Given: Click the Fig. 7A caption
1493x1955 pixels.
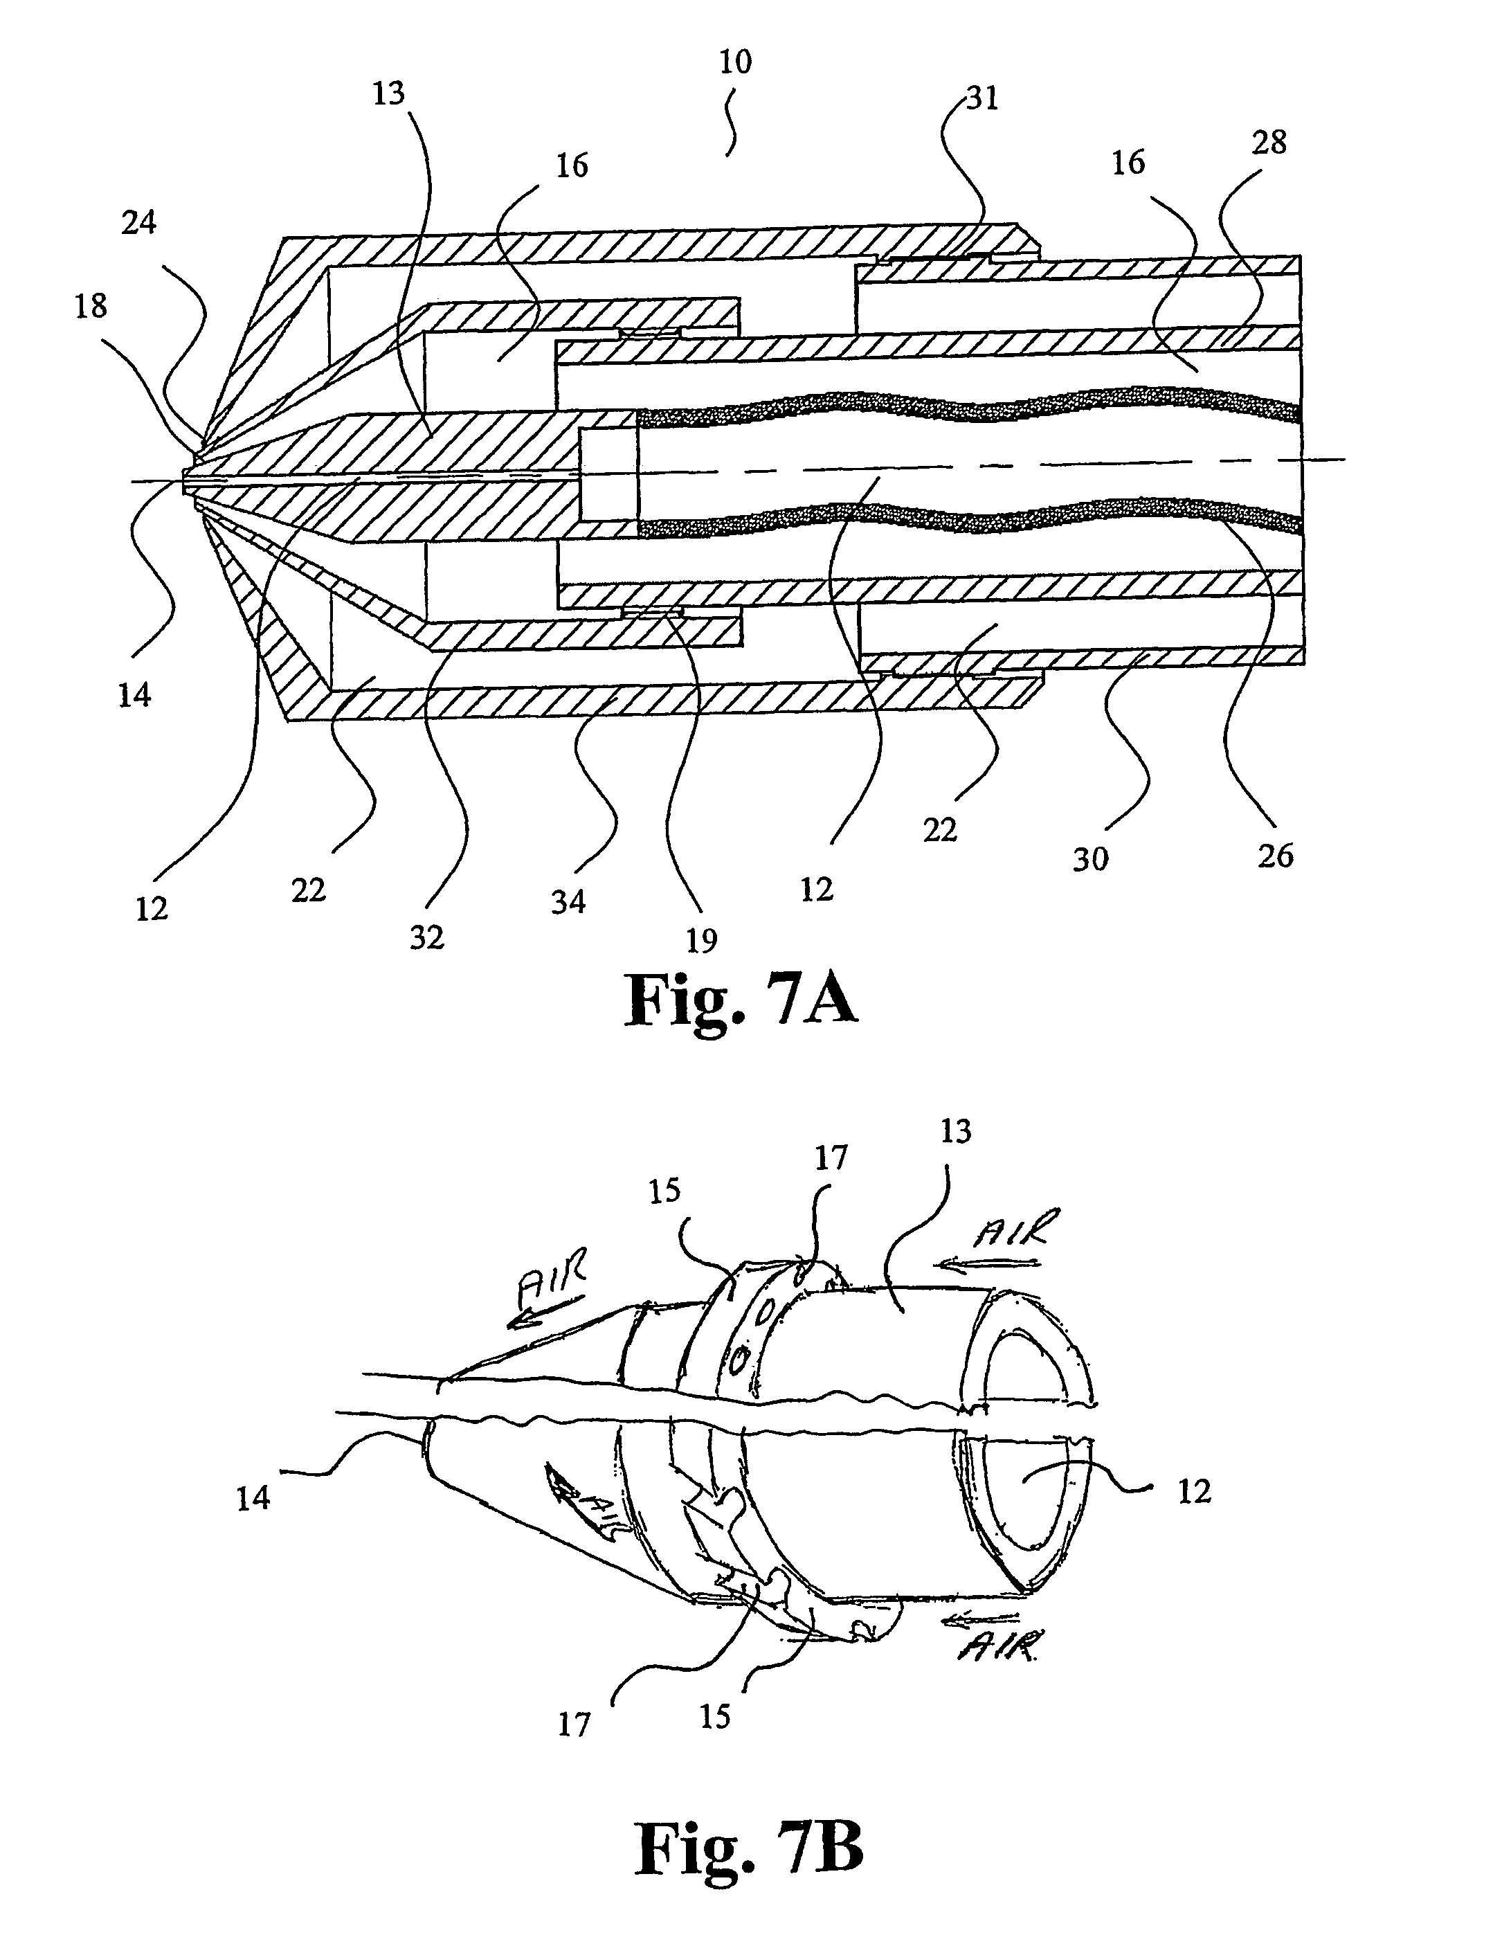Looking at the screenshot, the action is (x=742, y=1000).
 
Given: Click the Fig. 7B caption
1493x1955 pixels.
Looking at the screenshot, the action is (x=749, y=1848).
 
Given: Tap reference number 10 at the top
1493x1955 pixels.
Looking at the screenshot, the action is (x=735, y=62).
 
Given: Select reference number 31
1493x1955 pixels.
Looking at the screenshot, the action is (x=982, y=98).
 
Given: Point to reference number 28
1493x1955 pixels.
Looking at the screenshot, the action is (x=1268, y=141).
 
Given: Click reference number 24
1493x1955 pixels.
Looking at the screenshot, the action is (x=138, y=222).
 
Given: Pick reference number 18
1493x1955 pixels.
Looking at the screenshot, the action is (x=91, y=306).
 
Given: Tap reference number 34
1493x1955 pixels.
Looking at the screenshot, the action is (x=569, y=901).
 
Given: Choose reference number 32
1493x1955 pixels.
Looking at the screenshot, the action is (x=426, y=937).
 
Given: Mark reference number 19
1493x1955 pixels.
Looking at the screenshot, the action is (x=701, y=940).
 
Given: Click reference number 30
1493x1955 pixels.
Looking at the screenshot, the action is (x=1090, y=858).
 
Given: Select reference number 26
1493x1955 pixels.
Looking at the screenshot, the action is (x=1275, y=856).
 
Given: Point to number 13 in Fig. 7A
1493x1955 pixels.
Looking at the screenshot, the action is (x=388, y=92).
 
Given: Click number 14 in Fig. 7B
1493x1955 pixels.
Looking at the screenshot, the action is (x=253, y=1498).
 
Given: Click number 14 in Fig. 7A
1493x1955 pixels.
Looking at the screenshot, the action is (x=134, y=695).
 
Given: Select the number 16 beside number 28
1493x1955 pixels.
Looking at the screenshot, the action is (x=1129, y=163).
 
